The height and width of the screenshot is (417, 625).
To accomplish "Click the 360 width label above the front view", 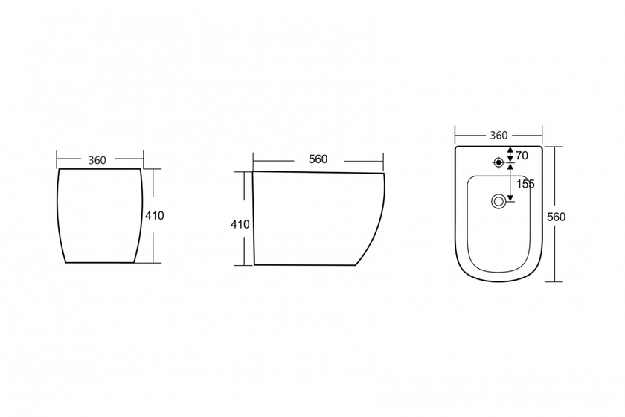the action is (97, 160).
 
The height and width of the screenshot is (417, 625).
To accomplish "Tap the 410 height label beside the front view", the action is (154, 216).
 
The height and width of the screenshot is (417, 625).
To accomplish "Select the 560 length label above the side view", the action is (318, 159).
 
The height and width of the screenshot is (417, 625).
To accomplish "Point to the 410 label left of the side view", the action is (240, 225).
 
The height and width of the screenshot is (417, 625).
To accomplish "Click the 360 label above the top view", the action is (499, 136).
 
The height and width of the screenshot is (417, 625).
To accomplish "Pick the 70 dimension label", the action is (522, 156).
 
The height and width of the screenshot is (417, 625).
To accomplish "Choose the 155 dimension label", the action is (526, 185).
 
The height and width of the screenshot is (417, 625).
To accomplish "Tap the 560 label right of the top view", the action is (556, 217).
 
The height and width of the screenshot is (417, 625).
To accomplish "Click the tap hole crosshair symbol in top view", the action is (499, 162).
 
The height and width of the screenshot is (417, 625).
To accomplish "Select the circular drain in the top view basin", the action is (499, 201).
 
